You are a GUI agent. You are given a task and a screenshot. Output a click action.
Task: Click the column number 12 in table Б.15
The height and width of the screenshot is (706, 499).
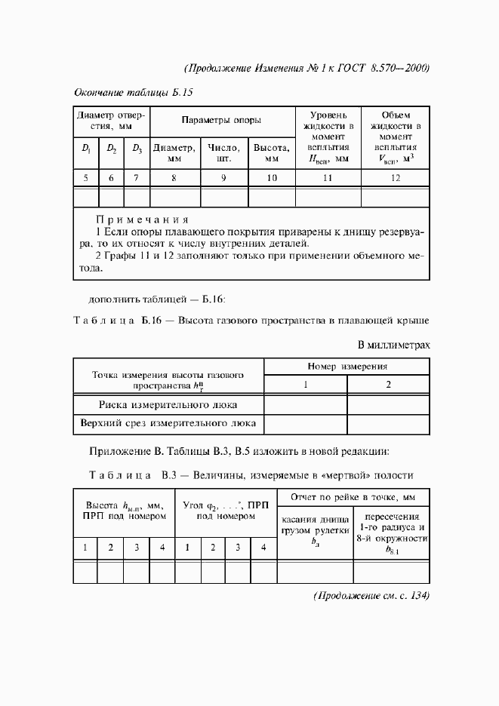click(x=396, y=178)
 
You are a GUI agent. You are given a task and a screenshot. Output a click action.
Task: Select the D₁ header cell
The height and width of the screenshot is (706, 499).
click(x=86, y=149)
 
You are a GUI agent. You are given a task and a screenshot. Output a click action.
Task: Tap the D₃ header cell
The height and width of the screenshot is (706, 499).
click(x=137, y=149)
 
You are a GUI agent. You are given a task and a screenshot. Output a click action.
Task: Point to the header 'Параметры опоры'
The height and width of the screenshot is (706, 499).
click(x=222, y=120)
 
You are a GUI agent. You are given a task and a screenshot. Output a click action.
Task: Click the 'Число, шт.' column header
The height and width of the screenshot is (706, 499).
click(x=223, y=154)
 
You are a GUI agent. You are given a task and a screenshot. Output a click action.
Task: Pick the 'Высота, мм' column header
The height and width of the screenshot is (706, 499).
click(x=272, y=154)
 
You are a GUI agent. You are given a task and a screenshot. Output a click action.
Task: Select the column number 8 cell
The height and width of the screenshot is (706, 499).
click(x=174, y=178)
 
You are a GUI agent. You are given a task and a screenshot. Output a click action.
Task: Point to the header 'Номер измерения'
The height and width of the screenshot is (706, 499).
click(x=347, y=367)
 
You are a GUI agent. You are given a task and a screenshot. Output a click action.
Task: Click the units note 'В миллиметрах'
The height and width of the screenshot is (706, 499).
click(x=393, y=345)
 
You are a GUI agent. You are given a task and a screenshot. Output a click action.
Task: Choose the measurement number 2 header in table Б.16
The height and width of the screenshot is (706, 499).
click(x=388, y=385)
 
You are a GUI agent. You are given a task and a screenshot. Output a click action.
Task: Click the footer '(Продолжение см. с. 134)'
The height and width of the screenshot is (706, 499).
click(x=371, y=596)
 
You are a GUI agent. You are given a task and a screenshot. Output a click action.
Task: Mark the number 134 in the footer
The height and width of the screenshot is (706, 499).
click(x=417, y=596)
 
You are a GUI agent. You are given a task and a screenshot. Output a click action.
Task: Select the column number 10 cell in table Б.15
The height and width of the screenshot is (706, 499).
click(x=272, y=178)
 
